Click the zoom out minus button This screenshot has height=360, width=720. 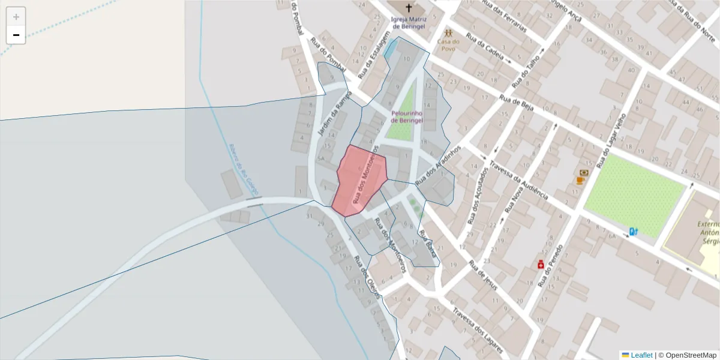coord(16,35)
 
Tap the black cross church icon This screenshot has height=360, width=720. coord(409,8)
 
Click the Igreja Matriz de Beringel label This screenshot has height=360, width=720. coord(408,23)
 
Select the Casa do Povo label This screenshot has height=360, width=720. coord(448,46)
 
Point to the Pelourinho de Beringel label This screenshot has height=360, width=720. coord(407,116)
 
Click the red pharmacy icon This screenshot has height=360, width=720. coord(540,264)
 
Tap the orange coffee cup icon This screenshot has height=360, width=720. coord(580,180)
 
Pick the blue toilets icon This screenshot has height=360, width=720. coord(632,232)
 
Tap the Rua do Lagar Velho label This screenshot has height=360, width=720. coord(611,134)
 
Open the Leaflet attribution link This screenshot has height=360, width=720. coord(641,355)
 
